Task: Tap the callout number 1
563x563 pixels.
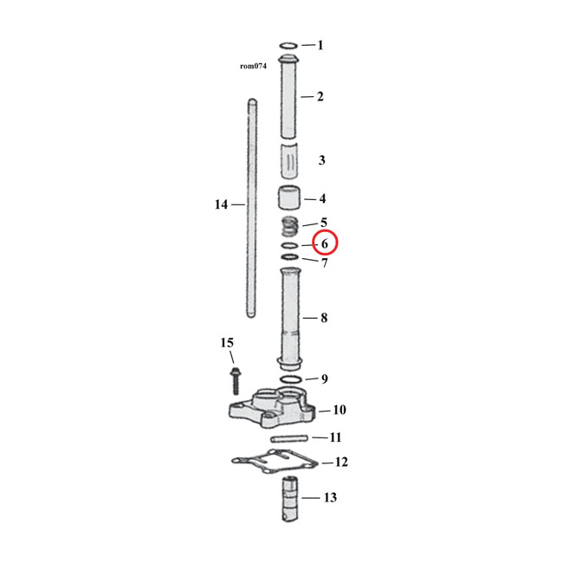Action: tap(320, 45)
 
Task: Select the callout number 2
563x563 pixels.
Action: tap(320, 96)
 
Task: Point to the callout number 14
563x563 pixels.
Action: tap(221, 204)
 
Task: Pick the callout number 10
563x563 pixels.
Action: tap(339, 410)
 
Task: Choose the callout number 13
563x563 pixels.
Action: tap(330, 497)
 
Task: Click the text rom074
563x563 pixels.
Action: tap(253, 65)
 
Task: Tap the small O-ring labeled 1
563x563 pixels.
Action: tap(289, 45)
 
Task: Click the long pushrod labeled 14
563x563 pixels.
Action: tap(251, 208)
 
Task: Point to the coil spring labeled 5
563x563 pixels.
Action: tap(292, 229)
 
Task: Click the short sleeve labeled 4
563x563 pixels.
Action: tap(290, 197)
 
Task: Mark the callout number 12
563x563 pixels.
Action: tap(341, 463)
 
